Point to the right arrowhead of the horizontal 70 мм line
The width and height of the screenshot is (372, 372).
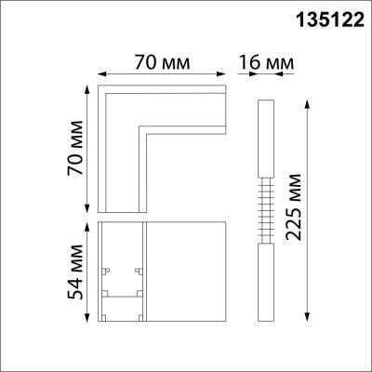coord(227,76)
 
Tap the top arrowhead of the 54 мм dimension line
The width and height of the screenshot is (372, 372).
coord(89,225)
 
